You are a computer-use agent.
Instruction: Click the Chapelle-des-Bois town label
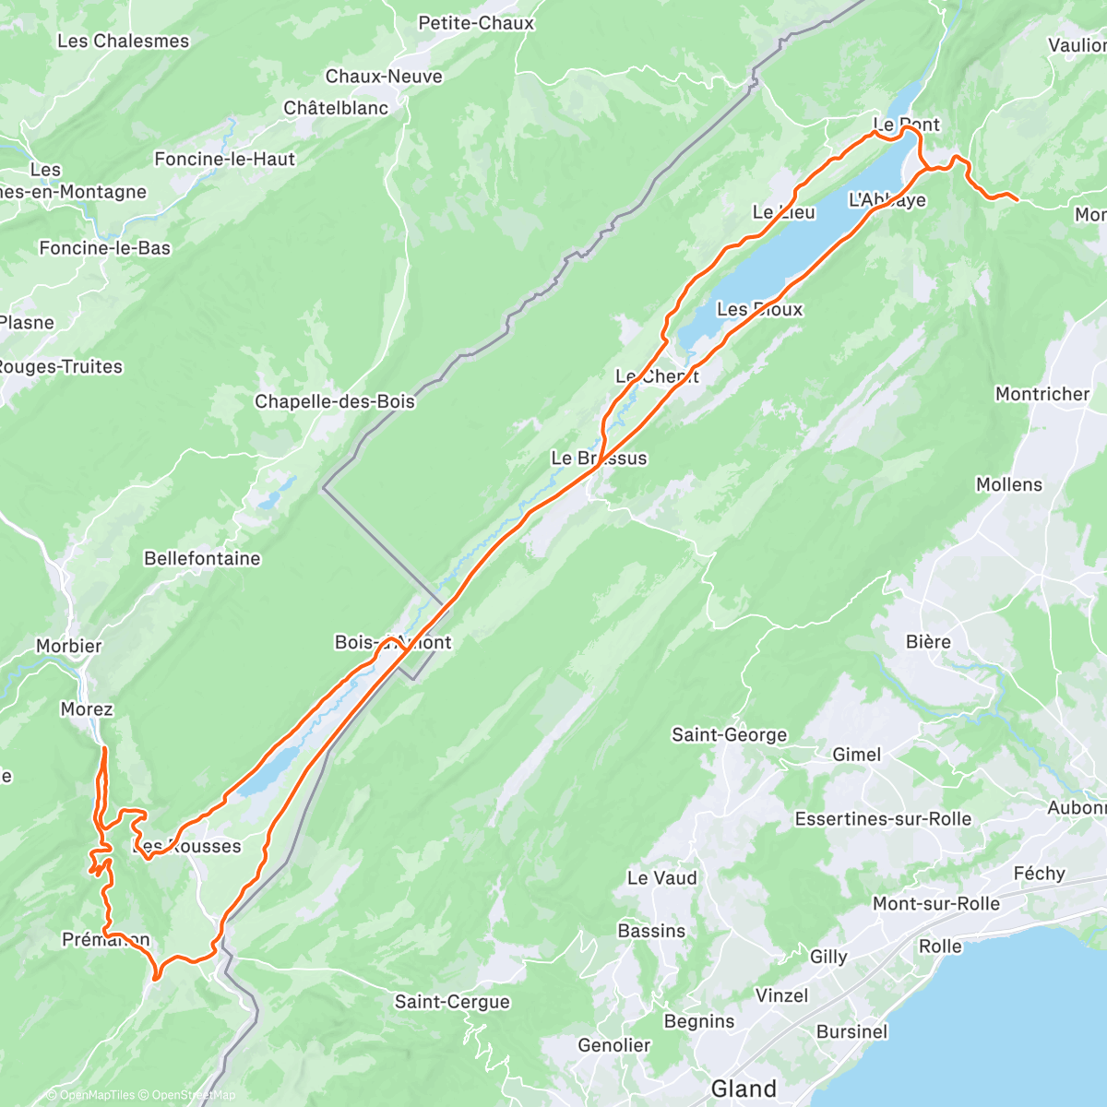(335, 401)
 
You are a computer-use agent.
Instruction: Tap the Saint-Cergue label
(452, 1002)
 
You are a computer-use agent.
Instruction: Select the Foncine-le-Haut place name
(225, 159)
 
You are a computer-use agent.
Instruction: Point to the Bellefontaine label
(202, 558)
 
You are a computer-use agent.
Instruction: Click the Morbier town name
(69, 646)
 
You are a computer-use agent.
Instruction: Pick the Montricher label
(1042, 394)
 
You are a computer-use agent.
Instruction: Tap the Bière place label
(928, 641)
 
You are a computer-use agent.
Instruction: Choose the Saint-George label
(730, 735)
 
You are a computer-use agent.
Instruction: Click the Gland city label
(744, 1089)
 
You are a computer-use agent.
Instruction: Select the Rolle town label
(940, 946)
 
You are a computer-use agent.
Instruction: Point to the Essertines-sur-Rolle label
(883, 818)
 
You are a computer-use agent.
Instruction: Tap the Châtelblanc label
(336, 108)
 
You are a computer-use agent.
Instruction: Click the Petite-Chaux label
(476, 23)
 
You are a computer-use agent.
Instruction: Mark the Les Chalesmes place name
(123, 41)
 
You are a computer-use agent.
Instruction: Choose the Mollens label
(1009, 484)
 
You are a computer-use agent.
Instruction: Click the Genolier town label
(614, 1045)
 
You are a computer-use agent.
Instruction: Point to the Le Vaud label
(661, 877)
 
